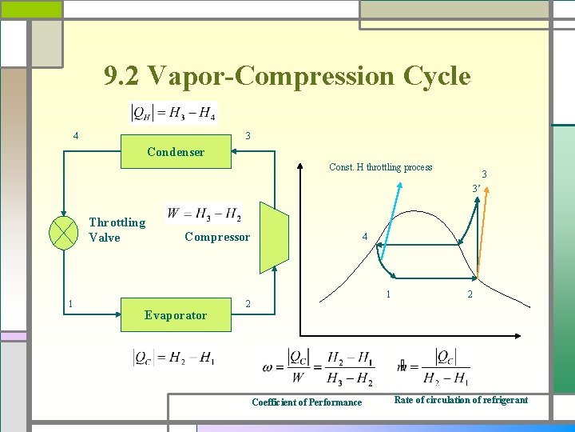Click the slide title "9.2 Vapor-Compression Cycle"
[x=287, y=77]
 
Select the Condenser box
[x=176, y=152]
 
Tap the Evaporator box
[x=176, y=314]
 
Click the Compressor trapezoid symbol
[x=274, y=237]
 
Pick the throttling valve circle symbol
[x=62, y=230]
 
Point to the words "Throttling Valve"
[x=117, y=230]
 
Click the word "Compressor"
[x=217, y=237]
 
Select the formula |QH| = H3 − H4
[x=173, y=114]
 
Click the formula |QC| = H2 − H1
[x=173, y=358]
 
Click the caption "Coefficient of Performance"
[x=307, y=402]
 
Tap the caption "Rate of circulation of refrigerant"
[x=461, y=400]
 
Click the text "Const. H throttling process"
[x=381, y=167]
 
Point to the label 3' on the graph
[x=475, y=189]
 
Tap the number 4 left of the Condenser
[x=76, y=136]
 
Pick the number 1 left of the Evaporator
[x=72, y=303]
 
